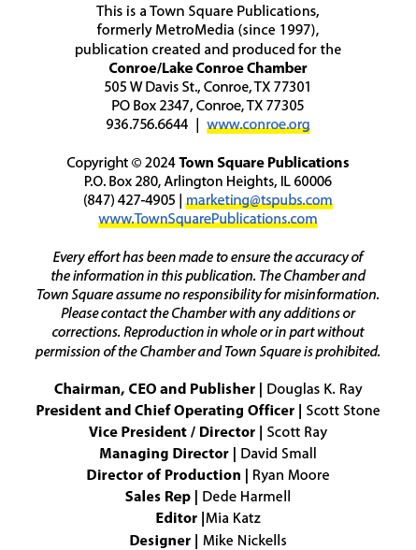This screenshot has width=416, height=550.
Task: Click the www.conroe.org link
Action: point(258,124)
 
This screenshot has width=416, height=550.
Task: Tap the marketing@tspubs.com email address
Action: point(259,200)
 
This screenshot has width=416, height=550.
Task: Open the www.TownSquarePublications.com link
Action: point(208,219)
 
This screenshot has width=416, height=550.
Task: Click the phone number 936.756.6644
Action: point(147,124)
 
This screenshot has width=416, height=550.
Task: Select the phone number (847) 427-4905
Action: point(129,200)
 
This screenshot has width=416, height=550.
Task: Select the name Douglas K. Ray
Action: point(314,389)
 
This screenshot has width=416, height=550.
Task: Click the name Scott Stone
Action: point(343,411)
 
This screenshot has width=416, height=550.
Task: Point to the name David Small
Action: point(279,454)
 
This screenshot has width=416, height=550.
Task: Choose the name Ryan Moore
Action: point(291,475)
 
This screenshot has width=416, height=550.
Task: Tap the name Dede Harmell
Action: point(247,497)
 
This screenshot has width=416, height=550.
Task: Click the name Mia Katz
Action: point(233,518)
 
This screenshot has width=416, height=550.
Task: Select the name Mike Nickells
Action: point(245,541)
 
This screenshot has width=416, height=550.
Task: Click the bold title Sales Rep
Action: point(158,497)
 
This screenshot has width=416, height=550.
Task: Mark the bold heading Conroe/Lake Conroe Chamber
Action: point(208,68)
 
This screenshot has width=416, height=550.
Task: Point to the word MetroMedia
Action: point(194,30)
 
